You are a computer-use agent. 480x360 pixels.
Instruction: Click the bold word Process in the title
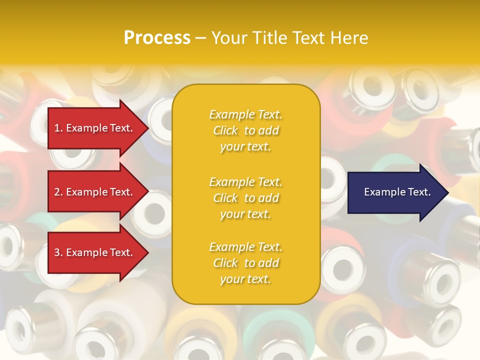click(157, 38)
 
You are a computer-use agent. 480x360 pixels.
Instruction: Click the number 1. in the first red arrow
click(58, 128)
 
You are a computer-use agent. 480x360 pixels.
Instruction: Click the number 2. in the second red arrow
click(58, 192)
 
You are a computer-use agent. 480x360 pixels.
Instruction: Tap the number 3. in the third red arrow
click(58, 252)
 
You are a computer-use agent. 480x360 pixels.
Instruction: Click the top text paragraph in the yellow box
click(245, 130)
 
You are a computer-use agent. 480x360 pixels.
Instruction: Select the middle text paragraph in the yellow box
click(245, 197)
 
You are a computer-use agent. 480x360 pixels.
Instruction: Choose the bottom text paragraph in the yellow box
click(245, 263)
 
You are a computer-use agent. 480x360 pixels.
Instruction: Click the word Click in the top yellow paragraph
click(225, 130)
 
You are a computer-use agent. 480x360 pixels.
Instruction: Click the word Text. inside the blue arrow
click(416, 192)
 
